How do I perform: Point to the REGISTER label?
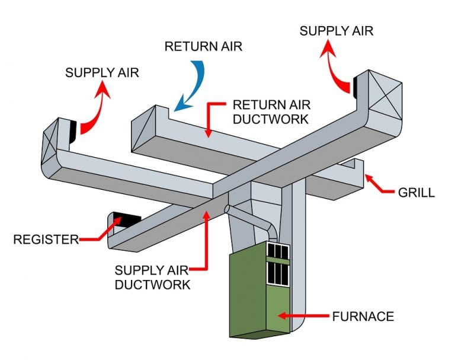[x=46, y=240]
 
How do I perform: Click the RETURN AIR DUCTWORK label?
[x=271, y=111]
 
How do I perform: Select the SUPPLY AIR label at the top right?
[x=337, y=31]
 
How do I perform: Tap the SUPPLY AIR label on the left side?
[x=102, y=73]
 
